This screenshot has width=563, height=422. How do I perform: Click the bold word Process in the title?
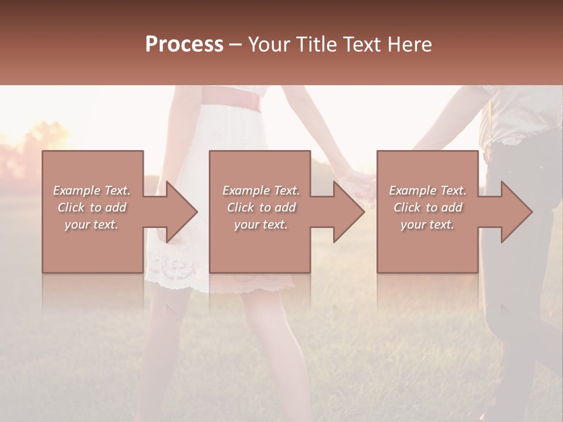click(x=184, y=45)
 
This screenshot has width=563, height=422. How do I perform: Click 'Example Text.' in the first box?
click(x=91, y=190)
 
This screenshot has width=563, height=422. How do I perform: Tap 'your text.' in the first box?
click(x=91, y=225)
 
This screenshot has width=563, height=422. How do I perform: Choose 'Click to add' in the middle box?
click(x=261, y=207)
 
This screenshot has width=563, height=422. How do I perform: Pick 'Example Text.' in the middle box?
click(x=261, y=190)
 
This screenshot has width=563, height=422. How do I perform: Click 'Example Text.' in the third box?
click(x=428, y=190)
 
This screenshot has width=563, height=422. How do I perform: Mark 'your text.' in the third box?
click(x=428, y=225)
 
